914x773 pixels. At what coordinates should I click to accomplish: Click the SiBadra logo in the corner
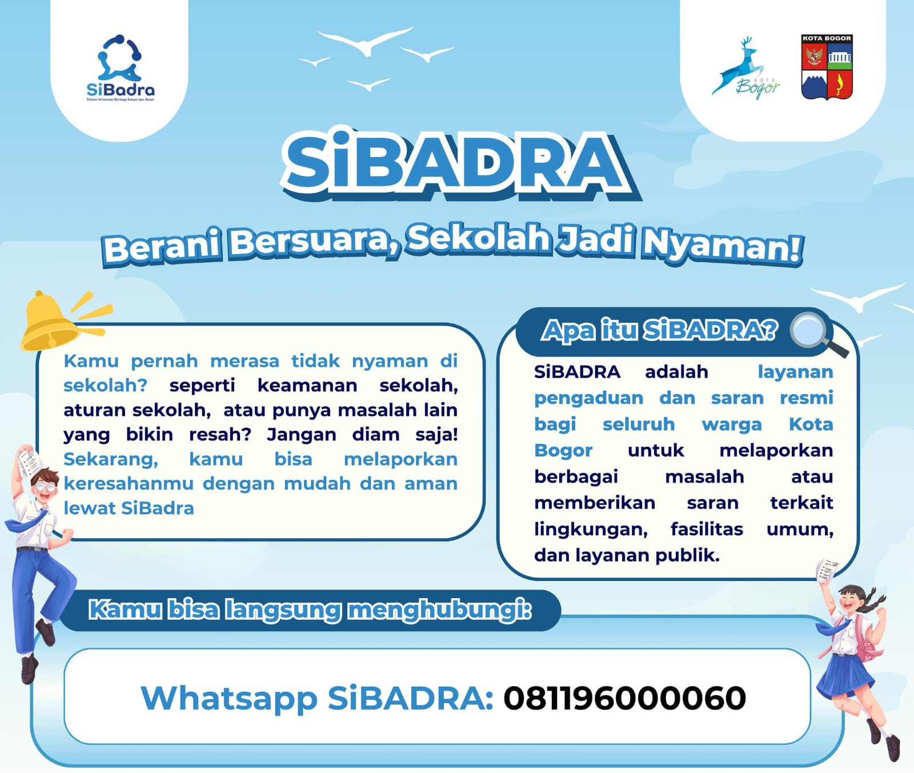[120, 67]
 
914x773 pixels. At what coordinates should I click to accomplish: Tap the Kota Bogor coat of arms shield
[827, 67]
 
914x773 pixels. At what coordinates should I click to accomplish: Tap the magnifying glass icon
[813, 333]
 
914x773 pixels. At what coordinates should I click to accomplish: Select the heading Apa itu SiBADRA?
[660, 330]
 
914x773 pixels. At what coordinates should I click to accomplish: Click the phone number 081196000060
[624, 698]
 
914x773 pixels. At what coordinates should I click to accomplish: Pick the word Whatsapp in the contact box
[228, 698]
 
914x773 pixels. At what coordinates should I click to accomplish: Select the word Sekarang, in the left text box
[111, 459]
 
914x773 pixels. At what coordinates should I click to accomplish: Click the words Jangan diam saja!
[362, 435]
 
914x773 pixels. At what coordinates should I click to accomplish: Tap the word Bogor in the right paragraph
[563, 450]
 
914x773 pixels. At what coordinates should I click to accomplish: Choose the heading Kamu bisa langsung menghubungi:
[310, 610]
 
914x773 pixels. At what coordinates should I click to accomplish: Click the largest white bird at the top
[366, 41]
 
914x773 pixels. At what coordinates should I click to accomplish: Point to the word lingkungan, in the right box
[591, 529]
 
